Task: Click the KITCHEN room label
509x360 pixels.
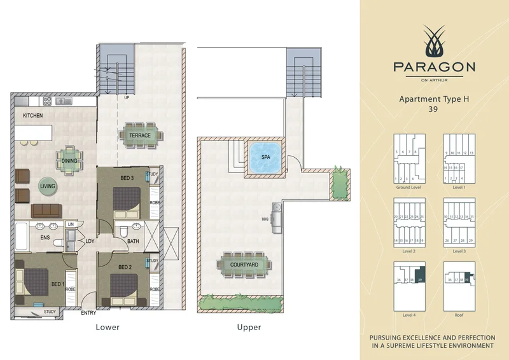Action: (32, 116)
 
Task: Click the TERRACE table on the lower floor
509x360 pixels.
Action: (140, 135)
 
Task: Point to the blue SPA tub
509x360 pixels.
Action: (265, 156)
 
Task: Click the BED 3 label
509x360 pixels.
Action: (128, 177)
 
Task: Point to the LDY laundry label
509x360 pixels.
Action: (90, 240)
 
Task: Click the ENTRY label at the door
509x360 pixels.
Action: (89, 313)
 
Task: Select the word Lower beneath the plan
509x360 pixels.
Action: (107, 328)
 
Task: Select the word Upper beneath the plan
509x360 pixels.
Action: (248, 328)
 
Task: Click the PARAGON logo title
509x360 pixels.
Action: (435, 66)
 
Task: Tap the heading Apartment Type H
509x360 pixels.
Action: (435, 99)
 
